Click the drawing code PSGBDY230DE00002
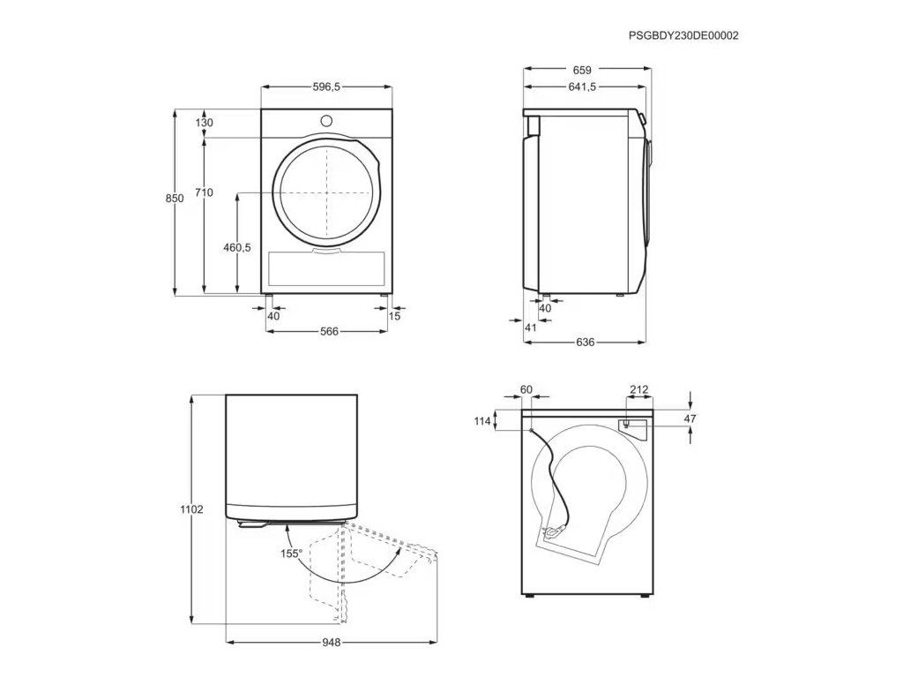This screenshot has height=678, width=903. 683,35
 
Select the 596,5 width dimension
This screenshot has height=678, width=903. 326,87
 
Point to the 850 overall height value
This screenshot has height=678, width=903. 175,199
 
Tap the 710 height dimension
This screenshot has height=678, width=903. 204,192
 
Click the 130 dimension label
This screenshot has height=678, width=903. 204,122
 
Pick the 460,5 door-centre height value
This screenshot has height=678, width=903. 237,247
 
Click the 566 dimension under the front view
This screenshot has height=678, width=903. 330,332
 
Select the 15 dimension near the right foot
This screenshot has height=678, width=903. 394,316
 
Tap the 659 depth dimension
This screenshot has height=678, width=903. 582,71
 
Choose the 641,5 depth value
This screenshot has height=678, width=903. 582,87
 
